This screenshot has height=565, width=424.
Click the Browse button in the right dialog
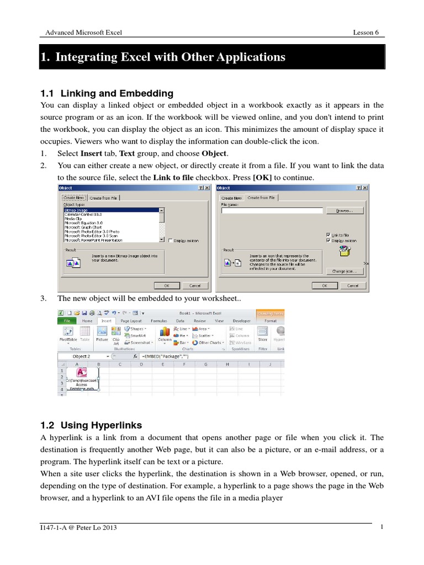coord(344,210)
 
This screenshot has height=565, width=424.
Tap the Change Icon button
coord(344,271)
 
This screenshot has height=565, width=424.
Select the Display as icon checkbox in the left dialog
coord(171,241)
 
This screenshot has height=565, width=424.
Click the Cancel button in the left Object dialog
coord(195,286)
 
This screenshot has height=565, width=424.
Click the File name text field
coord(271,210)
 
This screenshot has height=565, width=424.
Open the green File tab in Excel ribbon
coord(67,321)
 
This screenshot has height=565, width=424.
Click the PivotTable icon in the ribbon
coord(68,334)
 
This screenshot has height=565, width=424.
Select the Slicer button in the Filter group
coord(262,333)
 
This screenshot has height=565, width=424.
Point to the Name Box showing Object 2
coord(83,356)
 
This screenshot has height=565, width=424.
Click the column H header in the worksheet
coord(226,365)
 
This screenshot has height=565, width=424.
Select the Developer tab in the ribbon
coord(241,321)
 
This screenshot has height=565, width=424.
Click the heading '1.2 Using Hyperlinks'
coord(91,425)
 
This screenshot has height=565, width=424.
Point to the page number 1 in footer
coord(381,527)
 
